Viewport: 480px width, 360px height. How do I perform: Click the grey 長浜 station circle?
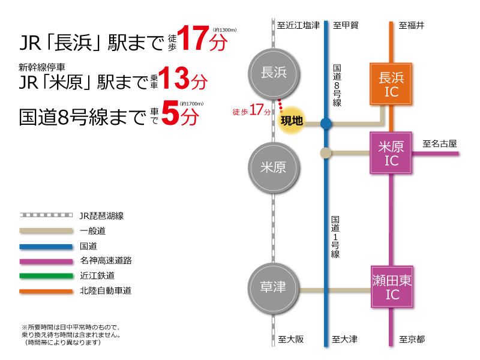click(274, 74)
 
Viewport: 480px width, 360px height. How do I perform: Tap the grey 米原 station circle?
click(274, 167)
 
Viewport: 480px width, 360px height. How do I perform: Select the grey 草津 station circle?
click(274, 288)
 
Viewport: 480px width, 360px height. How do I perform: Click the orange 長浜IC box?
click(391, 84)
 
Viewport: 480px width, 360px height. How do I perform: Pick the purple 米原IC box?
click(391, 153)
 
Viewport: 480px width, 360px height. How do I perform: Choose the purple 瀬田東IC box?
click(392, 287)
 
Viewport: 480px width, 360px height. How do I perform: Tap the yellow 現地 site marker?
click(292, 121)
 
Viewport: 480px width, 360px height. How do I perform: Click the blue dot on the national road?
click(326, 124)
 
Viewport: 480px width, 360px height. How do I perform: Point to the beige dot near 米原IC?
click(326, 153)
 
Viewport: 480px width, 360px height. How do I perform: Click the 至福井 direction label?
click(412, 25)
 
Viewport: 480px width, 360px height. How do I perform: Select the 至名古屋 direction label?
click(440, 143)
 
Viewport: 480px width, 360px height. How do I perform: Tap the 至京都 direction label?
click(412, 339)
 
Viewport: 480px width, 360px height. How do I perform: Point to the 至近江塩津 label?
click(298, 25)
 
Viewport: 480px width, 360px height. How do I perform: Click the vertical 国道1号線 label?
click(335, 236)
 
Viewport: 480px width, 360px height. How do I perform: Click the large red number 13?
click(174, 78)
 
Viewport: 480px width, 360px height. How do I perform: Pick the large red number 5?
click(170, 113)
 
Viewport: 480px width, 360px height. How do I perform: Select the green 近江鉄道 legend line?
click(46, 276)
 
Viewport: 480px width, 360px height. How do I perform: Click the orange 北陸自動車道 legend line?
click(46, 291)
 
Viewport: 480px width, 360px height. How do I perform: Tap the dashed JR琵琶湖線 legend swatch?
click(46, 215)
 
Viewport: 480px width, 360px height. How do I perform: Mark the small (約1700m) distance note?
click(191, 104)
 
